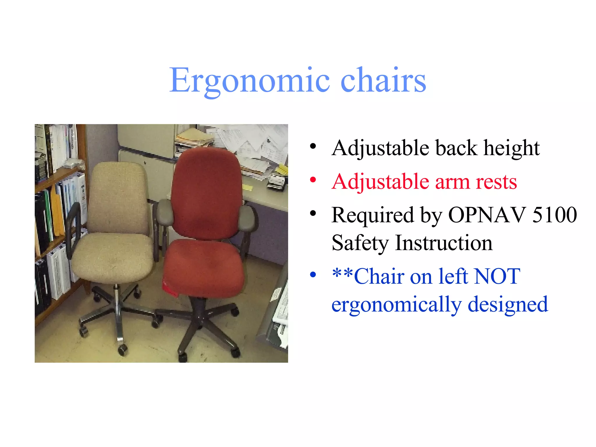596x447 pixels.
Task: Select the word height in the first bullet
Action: pyautogui.click(x=511, y=148)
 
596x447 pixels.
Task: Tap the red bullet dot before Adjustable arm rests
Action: pyautogui.click(x=313, y=180)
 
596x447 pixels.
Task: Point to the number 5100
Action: pyautogui.click(x=554, y=215)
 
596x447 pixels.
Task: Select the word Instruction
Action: pyautogui.click(x=444, y=243)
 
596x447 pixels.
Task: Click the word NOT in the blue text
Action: pyautogui.click(x=497, y=276)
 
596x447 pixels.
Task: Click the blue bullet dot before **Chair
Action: pyautogui.click(x=313, y=274)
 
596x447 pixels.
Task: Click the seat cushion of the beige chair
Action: pyautogui.click(x=113, y=256)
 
